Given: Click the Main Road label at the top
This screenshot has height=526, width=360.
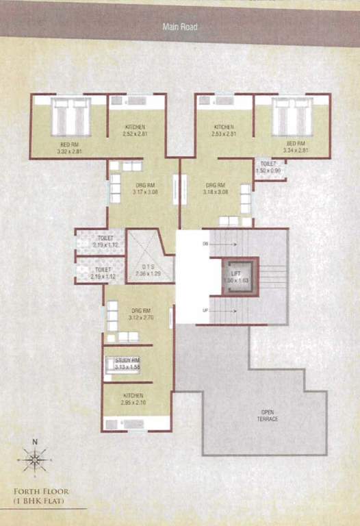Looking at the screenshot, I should point(180,27).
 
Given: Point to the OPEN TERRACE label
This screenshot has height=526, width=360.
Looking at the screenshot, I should point(268,415).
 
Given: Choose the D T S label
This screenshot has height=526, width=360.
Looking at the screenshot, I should point(148,268).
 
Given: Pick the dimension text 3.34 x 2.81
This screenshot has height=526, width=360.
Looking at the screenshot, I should point(296,150).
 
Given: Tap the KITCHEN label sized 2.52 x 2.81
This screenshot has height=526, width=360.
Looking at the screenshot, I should point(135,127).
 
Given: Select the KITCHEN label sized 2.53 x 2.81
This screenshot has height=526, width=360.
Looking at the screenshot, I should point(224,127).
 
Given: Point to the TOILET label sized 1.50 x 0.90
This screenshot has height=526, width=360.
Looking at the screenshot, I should point(268,164).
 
